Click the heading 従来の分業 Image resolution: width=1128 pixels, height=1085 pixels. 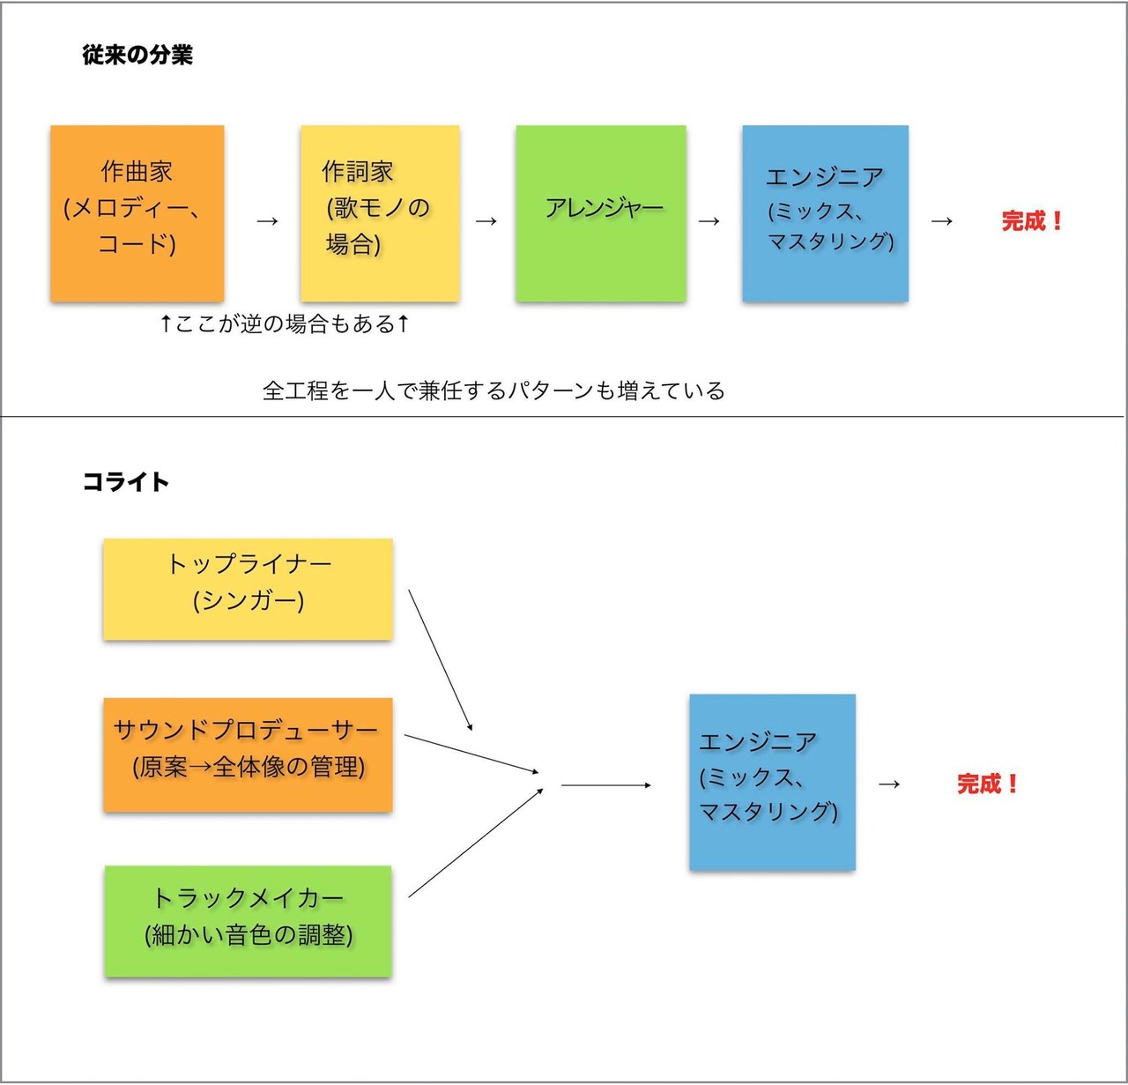pyautogui.click(x=137, y=56)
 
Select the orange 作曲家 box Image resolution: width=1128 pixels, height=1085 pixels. pyautogui.click(x=137, y=213)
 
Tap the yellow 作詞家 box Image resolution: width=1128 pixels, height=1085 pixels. pyautogui.click(x=380, y=213)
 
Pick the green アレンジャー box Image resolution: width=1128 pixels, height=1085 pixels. pyautogui.click(x=601, y=213)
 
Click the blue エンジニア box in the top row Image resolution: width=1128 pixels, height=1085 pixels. pyautogui.click(x=826, y=213)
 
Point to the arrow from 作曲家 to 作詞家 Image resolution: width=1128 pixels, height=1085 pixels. pyautogui.click(x=267, y=221)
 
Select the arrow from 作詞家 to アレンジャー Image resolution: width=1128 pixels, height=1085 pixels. pyautogui.click(x=486, y=221)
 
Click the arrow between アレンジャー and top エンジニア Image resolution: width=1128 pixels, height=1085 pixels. pyautogui.click(x=709, y=221)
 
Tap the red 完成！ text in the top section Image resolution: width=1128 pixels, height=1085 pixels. pyautogui.click(x=1032, y=221)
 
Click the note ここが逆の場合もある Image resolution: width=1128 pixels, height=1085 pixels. pyautogui.click(x=285, y=323)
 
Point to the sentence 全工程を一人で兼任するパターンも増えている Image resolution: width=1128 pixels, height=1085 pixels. pyautogui.click(x=493, y=390)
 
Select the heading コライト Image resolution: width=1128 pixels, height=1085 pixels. pyautogui.click(x=126, y=482)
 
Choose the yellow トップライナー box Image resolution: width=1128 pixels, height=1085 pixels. pyautogui.click(x=249, y=589)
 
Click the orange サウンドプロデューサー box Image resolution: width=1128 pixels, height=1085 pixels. pyautogui.click(x=249, y=754)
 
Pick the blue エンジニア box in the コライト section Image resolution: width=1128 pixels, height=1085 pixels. pyautogui.click(x=773, y=783)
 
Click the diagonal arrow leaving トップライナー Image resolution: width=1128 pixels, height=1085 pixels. pyautogui.click(x=441, y=660)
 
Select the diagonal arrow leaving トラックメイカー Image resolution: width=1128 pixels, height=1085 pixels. pyautogui.click(x=476, y=843)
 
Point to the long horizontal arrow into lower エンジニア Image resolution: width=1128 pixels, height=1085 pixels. pyautogui.click(x=606, y=785)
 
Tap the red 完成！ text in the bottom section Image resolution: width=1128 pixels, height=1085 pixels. pyautogui.click(x=988, y=784)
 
